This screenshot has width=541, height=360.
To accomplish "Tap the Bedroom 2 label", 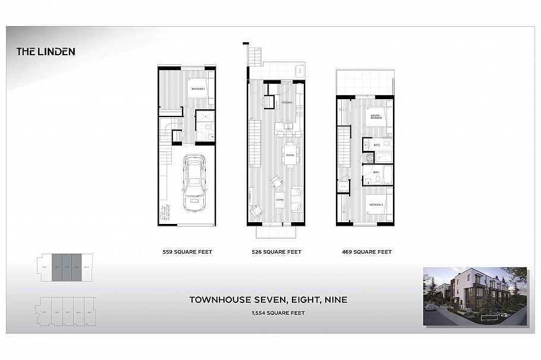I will pyautogui.click(x=197, y=89).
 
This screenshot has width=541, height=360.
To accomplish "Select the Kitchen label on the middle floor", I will pyautogui.click(x=287, y=102).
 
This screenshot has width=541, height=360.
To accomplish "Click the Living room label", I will pyautogui.click(x=279, y=200).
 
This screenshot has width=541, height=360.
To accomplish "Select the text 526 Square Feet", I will pyautogui.click(x=276, y=252).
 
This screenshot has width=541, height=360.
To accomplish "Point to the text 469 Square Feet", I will pyautogui.click(x=367, y=252).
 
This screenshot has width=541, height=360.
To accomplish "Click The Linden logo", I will pyautogui.click(x=46, y=51).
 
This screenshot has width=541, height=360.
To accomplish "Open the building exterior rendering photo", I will pyautogui.click(x=474, y=296).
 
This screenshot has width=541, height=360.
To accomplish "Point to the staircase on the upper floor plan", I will pyautogui.click(x=344, y=149).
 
